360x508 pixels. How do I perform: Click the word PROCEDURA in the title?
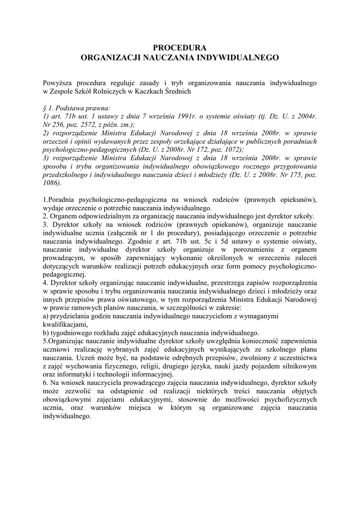[x=179, y=48]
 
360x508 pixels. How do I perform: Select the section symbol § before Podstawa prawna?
[x=45, y=107]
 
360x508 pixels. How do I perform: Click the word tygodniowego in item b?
[x=72, y=332]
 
